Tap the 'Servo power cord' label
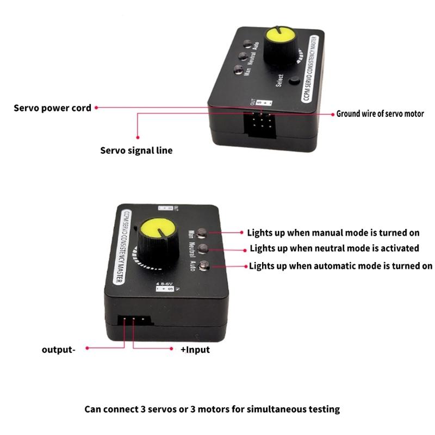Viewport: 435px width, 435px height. click(52, 108)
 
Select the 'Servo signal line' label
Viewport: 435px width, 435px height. click(136, 150)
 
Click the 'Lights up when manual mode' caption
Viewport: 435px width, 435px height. click(333, 233)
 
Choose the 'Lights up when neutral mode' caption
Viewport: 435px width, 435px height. click(334, 248)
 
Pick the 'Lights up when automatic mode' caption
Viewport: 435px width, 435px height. click(340, 266)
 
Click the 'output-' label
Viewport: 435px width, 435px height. click(58, 350)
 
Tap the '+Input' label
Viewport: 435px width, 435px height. click(195, 350)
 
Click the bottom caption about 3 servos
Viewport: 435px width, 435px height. click(212, 409)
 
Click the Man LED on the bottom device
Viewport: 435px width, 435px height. click(203, 233)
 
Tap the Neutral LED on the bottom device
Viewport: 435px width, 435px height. click(204, 250)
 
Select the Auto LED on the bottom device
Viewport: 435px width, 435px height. click(205, 266)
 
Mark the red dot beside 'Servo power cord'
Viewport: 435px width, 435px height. click(97, 108)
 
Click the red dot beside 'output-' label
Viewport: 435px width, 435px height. click(86, 350)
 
